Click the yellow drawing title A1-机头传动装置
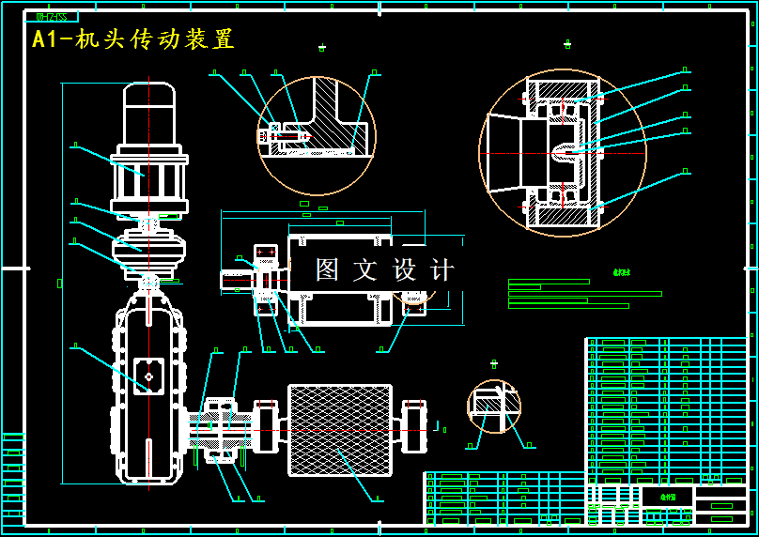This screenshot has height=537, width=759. click(132, 39)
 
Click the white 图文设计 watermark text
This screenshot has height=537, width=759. click(385, 270)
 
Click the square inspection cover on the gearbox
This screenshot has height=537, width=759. click(148, 376)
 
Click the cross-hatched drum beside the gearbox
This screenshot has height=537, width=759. click(340, 429)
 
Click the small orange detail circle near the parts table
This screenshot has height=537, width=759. click(494, 406)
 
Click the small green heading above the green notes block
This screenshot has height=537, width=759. click(622, 272)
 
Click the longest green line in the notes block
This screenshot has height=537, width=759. click(584, 293)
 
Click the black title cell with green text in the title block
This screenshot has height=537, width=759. click(667, 496)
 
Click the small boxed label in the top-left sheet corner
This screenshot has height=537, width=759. click(51, 16)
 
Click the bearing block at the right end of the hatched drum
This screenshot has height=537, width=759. click(414, 427)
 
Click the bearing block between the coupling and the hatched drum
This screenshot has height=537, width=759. click(266, 427)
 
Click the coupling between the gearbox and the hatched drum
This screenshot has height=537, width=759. click(221, 430)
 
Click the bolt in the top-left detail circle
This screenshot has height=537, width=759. click(285, 135)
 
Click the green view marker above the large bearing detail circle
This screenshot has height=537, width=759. click(566, 44)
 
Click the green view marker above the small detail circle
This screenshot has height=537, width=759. click(494, 364)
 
